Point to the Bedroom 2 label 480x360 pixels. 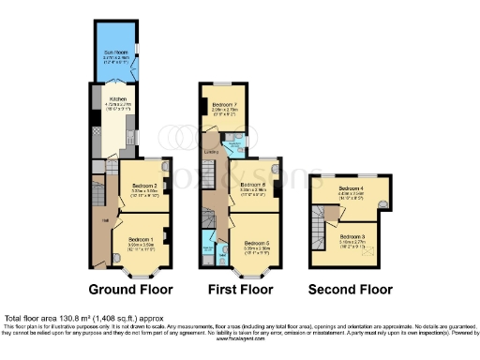143,186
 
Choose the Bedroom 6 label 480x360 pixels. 254,186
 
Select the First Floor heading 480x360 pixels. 238,289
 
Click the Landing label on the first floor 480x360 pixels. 211,150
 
